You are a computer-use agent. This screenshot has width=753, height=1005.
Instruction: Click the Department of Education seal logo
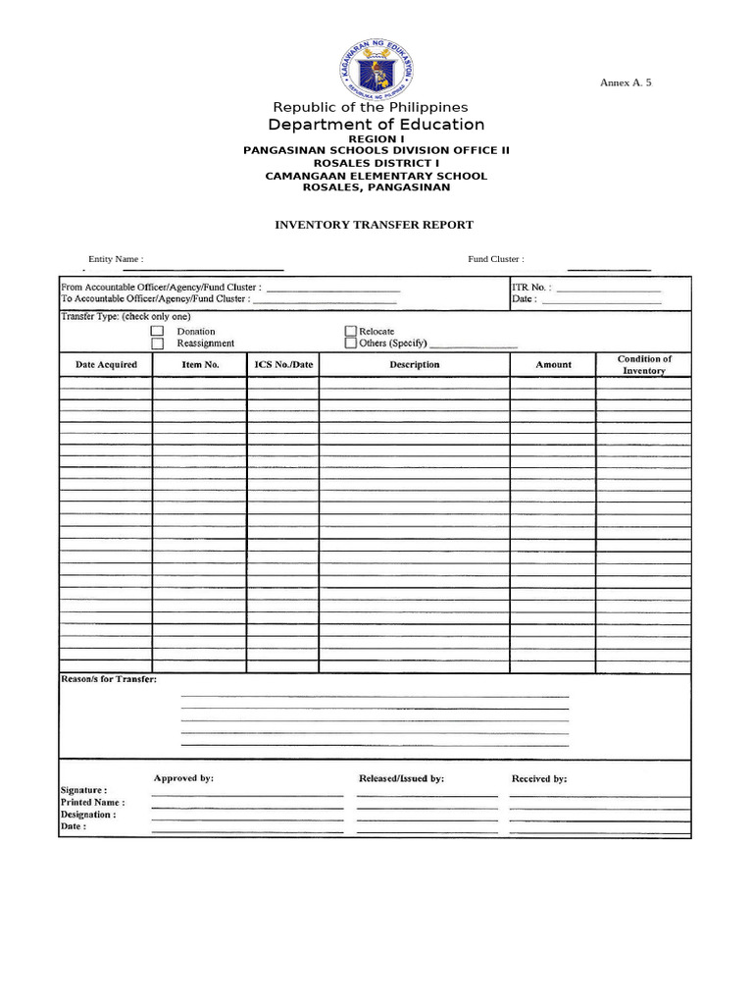pos(376,68)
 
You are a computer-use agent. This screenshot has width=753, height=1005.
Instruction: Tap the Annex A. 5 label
pos(626,82)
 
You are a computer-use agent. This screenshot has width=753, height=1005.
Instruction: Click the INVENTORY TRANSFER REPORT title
pos(374,225)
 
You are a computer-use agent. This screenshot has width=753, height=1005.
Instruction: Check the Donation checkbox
pos(157,332)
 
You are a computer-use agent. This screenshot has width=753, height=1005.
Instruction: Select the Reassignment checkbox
pos(157,344)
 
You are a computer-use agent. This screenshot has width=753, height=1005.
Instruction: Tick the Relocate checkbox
pos(351,332)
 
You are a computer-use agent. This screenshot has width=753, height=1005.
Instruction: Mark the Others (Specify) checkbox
pos(351,344)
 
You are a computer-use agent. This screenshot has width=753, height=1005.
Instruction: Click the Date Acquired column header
pos(106,365)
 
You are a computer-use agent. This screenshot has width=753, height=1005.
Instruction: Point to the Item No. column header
pos(200,365)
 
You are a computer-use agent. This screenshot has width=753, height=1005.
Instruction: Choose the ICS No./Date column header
pos(283,365)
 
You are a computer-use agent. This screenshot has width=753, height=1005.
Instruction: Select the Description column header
pos(415,365)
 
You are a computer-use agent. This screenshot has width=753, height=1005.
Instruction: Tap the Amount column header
pos(553,365)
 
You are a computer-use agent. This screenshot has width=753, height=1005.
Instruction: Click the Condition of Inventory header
pos(644,365)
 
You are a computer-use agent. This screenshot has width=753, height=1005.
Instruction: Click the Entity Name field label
pos(116,259)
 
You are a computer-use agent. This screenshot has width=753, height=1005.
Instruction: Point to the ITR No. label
pos(531,289)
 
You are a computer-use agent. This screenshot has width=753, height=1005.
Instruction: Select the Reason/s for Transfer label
pos(108,679)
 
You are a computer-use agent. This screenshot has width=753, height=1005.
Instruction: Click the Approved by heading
pos(183,778)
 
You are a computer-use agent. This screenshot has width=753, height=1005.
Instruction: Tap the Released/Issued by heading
pos(401,778)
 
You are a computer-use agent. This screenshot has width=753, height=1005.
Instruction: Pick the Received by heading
pos(539,778)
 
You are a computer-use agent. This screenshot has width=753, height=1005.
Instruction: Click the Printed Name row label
pos(92,803)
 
